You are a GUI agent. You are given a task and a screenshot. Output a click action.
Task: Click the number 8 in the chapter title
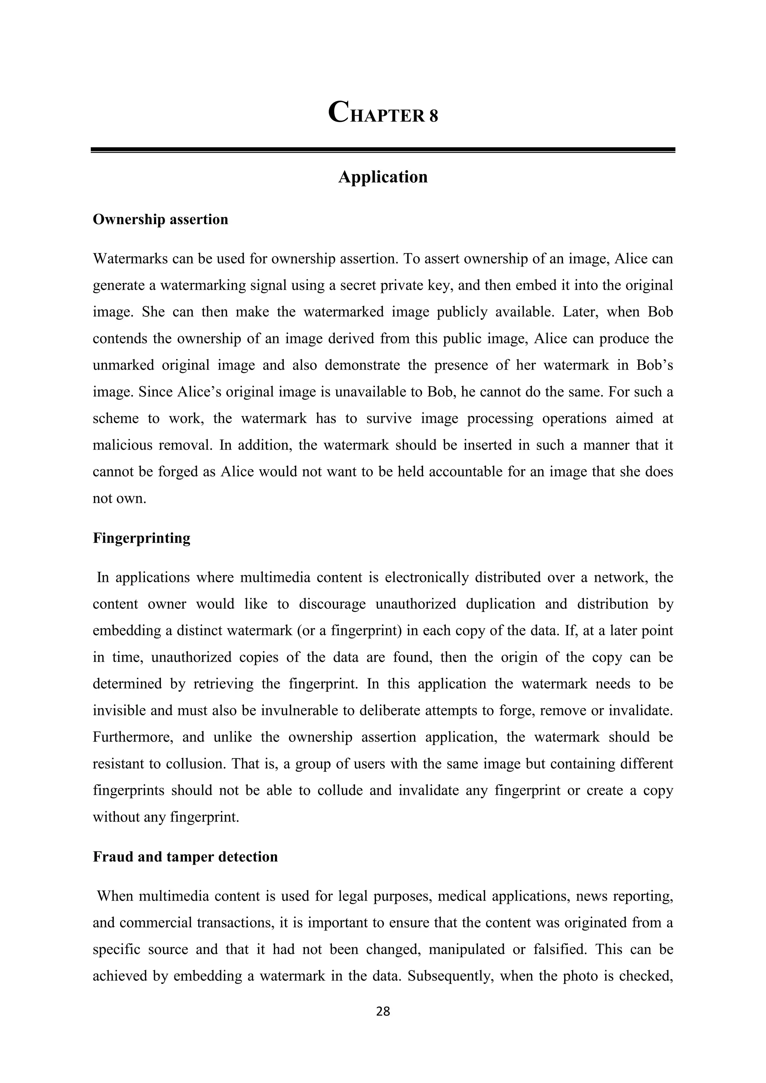[433, 116]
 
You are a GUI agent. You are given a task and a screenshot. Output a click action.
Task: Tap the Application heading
[383, 177]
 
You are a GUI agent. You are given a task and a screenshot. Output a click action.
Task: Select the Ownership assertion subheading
[160, 220]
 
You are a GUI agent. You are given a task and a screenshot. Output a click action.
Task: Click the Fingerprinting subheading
[141, 538]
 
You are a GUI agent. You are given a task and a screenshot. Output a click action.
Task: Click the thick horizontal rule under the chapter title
[383, 150]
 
